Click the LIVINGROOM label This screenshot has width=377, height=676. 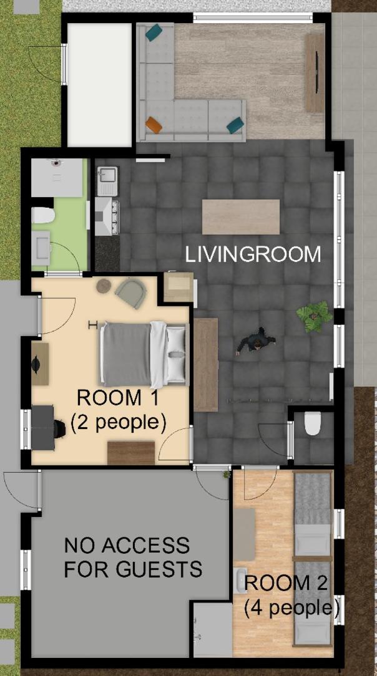pos(253,254)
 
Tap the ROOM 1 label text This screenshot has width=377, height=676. pos(109,397)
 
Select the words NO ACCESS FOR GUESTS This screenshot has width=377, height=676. pos(133,558)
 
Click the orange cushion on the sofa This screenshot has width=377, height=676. pos(154,125)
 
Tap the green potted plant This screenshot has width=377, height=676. pos(315,316)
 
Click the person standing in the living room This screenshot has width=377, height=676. pos(256,341)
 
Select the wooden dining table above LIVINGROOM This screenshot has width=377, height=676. pos(241,217)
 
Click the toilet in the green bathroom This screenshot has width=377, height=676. pos(42,215)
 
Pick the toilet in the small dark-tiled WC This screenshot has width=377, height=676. pos(312,423)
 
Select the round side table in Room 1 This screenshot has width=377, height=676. pos(104,286)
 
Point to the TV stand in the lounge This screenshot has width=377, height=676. pos(315,74)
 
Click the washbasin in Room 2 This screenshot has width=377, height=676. pos(240,581)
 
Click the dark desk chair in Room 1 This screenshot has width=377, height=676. pos(59,428)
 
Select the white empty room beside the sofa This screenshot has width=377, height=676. pos(99,85)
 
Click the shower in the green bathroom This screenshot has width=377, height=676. pos(57,177)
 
